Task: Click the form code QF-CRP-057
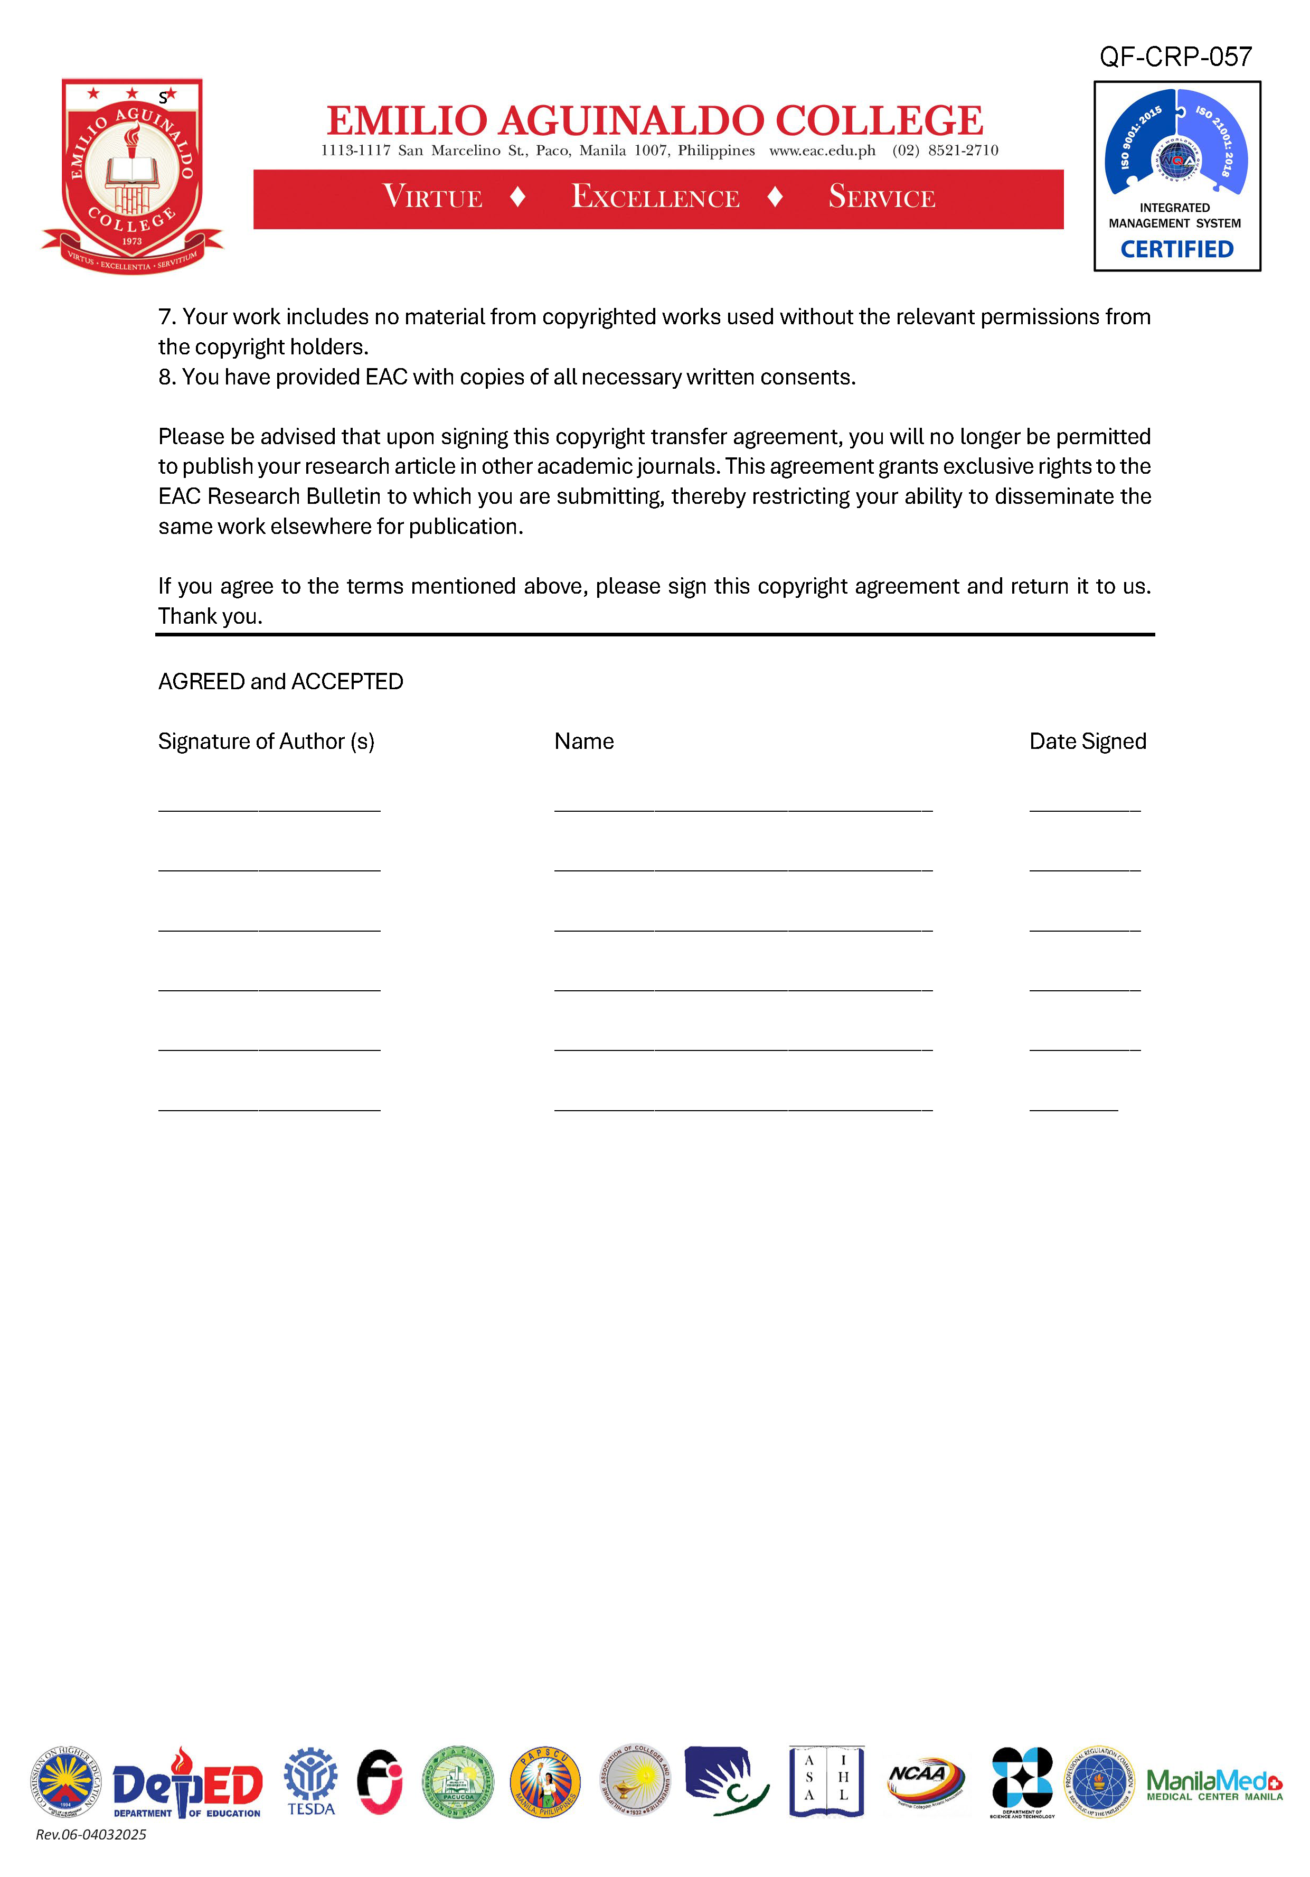[1175, 57]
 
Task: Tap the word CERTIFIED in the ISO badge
[1176, 249]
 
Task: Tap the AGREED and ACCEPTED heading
[280, 682]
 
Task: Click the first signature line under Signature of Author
[269, 809]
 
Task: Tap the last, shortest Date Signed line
[1073, 1110]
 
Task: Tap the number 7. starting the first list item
[167, 317]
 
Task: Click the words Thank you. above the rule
[210, 616]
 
